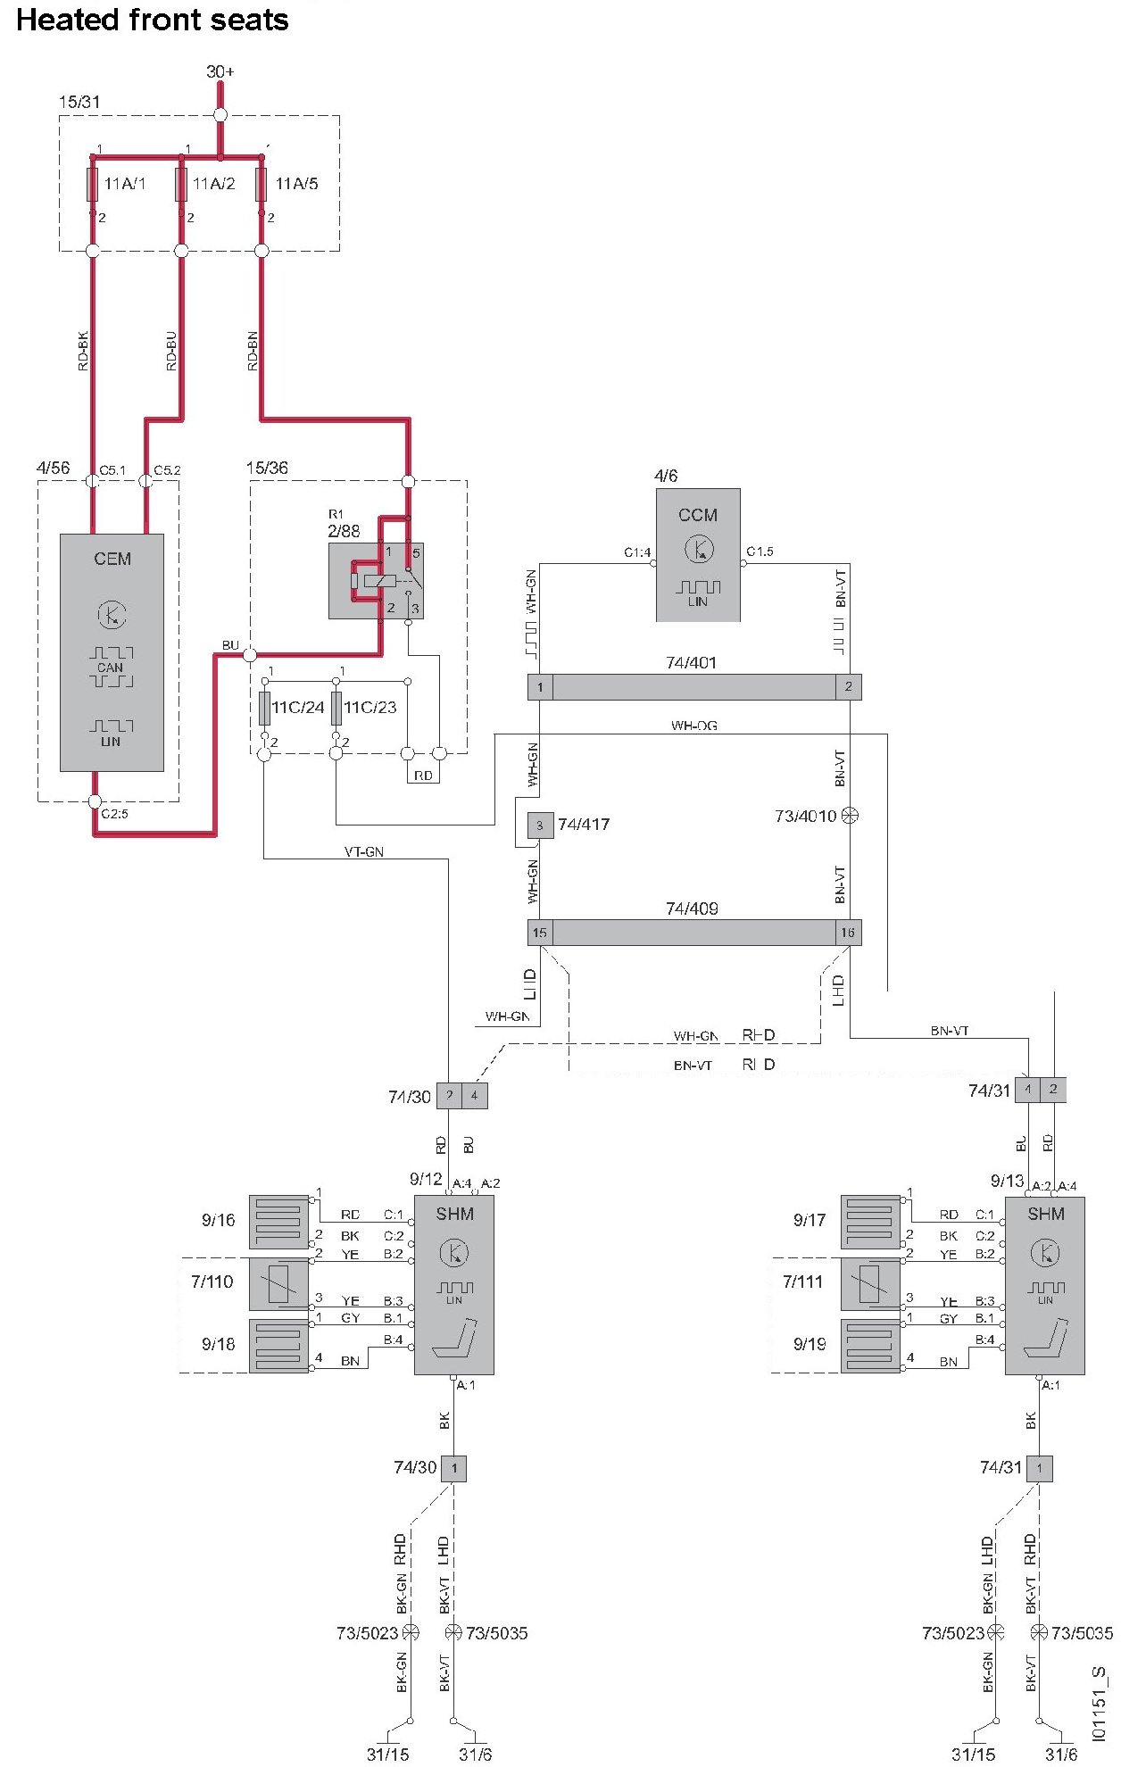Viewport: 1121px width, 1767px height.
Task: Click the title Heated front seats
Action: click(x=153, y=20)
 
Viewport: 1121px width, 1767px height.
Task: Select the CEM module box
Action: click(x=112, y=651)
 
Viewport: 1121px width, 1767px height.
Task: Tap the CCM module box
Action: click(x=698, y=554)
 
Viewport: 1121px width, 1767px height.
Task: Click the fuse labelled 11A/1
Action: click(x=92, y=184)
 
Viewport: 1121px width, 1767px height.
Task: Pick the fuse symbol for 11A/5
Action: click(x=262, y=184)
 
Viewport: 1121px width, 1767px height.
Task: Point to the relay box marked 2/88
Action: click(x=376, y=581)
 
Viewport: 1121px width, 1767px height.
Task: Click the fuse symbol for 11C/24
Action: click(x=264, y=708)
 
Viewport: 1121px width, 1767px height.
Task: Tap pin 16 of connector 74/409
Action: click(x=847, y=933)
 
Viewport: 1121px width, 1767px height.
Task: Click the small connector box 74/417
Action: click(x=539, y=825)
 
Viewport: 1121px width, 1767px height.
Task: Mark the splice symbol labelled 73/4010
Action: click(x=850, y=816)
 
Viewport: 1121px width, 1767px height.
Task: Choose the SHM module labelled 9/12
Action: click(x=453, y=1284)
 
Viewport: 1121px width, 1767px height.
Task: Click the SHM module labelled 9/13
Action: click(x=1044, y=1284)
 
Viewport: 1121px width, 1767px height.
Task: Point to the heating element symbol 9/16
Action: click(x=278, y=1221)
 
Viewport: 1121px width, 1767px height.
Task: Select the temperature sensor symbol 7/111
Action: click(x=870, y=1282)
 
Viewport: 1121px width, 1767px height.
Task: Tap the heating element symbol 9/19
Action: click(x=870, y=1345)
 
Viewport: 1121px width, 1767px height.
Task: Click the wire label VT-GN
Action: click(x=364, y=852)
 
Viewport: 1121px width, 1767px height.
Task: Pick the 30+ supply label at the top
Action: click(x=220, y=71)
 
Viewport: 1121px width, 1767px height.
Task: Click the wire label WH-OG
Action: click(x=693, y=726)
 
